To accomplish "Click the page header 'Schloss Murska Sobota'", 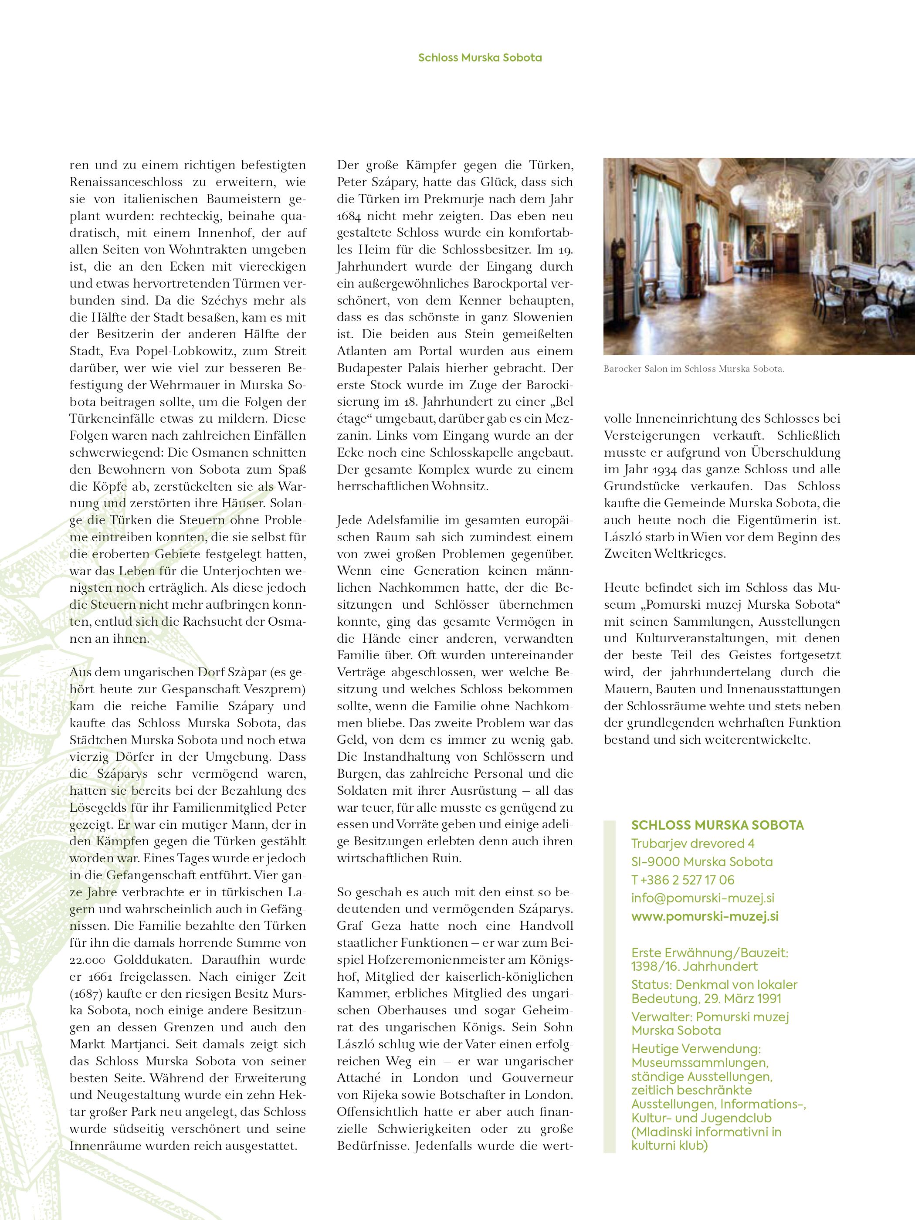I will click(480, 58).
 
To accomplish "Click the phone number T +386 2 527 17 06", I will click(683, 880).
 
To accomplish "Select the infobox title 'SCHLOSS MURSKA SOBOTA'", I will click(718, 825).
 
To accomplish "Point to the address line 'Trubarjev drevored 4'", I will click(693, 843).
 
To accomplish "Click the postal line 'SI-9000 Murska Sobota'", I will click(702, 861).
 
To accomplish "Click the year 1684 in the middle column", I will click(350, 216).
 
